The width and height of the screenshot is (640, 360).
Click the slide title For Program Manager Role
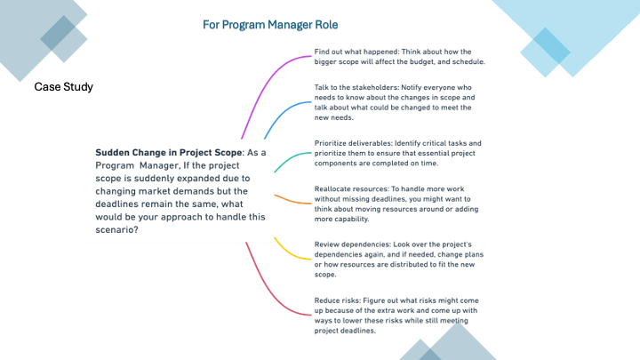[270, 25]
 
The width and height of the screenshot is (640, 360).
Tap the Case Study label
[64, 87]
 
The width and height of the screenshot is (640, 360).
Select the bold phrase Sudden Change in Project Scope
[169, 153]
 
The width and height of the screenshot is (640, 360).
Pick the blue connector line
[283, 115]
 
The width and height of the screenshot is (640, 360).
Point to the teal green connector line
[290, 159]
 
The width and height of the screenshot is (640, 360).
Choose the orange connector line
[292, 200]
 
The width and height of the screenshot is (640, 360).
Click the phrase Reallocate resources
[351, 189]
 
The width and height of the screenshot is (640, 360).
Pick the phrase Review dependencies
[352, 244]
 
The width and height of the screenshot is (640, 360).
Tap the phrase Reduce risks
[337, 300]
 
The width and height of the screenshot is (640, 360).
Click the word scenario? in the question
[116, 230]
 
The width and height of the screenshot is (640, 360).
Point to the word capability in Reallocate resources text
[348, 220]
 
